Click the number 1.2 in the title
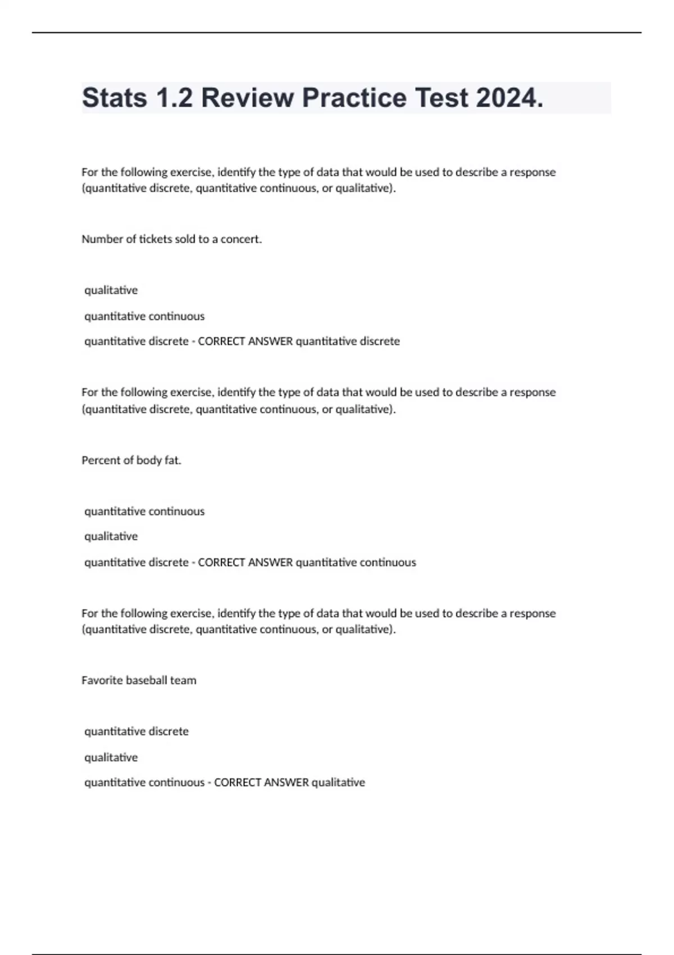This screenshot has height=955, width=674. point(174,98)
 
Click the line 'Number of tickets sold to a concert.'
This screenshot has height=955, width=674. point(171,239)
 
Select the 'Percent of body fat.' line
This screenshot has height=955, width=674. point(131,460)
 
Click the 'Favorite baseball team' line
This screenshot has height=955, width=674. point(139,680)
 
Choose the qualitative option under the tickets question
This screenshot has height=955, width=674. point(111,290)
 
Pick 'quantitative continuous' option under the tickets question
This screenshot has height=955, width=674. point(144,316)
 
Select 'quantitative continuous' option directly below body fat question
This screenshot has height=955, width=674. point(144,511)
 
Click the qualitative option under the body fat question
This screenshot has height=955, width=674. point(111,536)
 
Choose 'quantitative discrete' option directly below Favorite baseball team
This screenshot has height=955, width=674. point(136,731)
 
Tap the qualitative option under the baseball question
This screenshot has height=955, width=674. point(111,757)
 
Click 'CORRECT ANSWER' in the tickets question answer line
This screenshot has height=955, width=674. point(245,342)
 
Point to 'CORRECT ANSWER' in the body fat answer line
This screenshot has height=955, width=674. point(245,562)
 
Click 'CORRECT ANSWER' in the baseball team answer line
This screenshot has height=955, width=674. point(261,783)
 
